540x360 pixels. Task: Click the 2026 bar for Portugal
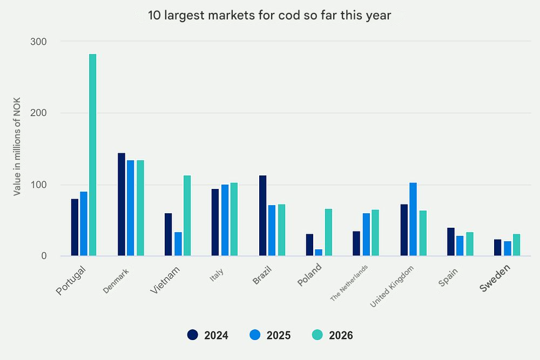pos(92,155)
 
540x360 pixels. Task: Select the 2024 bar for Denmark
pos(122,205)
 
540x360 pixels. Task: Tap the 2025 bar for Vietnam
pos(178,244)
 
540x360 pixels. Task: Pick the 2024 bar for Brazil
pos(262,216)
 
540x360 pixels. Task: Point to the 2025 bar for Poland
pos(319,253)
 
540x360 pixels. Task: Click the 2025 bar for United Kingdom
pos(413,220)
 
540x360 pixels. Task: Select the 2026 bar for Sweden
pos(516,245)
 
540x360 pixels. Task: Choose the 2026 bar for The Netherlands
pos(375,233)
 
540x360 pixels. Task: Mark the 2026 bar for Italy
pos(234,220)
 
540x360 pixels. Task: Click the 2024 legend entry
pos(208,335)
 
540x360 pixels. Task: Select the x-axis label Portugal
pos(71,279)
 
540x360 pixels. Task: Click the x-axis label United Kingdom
pos(393,287)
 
